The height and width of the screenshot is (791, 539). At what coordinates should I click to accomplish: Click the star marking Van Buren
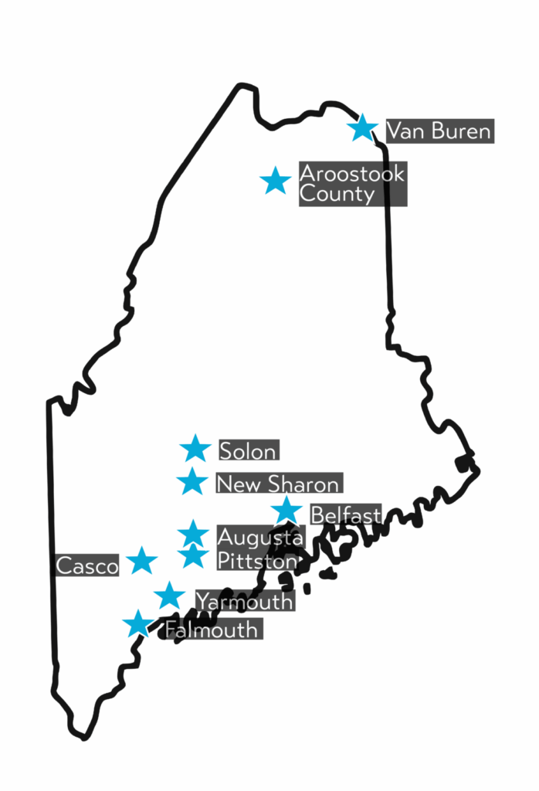(362, 127)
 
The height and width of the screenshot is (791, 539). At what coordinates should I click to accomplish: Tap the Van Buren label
(438, 131)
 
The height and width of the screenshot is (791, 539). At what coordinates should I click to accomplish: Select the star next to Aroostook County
(275, 181)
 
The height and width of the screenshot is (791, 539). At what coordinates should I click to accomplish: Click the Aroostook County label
(352, 184)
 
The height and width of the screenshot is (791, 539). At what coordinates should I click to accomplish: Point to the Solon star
(195, 448)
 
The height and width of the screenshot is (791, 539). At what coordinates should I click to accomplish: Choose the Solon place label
(249, 450)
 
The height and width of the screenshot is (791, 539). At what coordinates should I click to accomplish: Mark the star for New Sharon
(192, 481)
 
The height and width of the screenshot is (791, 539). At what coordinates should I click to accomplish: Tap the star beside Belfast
(286, 510)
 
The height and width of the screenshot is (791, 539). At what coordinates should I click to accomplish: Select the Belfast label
(345, 514)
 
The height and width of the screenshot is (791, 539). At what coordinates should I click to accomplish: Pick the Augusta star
(193, 533)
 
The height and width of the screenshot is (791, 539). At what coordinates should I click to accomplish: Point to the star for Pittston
(193, 555)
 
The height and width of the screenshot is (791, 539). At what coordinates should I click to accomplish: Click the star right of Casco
(142, 561)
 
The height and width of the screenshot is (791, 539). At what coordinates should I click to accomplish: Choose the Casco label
(87, 566)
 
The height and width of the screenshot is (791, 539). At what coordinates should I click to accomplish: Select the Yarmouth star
(169, 596)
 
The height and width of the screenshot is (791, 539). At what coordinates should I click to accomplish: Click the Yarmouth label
(244, 601)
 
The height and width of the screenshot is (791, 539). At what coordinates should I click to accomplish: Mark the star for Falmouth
(138, 623)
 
